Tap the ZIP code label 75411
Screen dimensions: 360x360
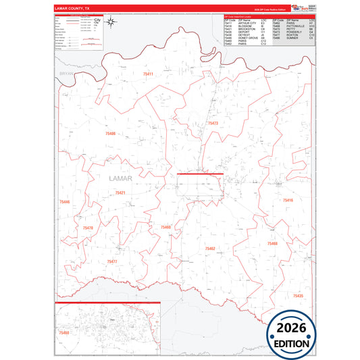point(148,74)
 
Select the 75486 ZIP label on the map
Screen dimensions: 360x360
point(110,134)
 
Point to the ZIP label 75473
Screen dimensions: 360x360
point(213,124)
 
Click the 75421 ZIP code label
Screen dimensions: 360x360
point(120,193)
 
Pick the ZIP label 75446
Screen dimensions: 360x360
point(65,202)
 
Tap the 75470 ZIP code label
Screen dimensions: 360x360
point(88,228)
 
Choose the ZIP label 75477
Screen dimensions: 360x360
point(112,261)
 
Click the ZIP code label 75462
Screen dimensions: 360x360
point(210,249)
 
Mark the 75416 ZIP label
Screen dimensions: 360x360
point(288,201)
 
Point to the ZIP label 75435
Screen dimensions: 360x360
point(298,296)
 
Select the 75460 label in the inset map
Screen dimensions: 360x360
point(63,333)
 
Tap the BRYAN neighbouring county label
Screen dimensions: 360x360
point(65,71)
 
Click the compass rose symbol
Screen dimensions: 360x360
point(112,26)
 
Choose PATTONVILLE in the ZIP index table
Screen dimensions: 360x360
point(295,27)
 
